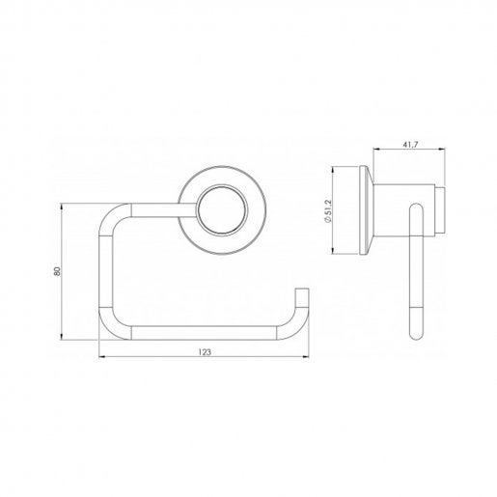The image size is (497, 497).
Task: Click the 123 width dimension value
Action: click(205, 352)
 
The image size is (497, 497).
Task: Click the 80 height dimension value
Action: click(57, 271)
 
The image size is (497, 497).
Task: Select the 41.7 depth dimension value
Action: click(410, 145)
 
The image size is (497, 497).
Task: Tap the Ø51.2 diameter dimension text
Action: click(327, 211)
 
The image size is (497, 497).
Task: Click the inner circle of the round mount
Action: click(222, 209)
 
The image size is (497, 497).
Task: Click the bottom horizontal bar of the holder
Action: click(204, 333)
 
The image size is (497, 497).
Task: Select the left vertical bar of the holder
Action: click(106, 271)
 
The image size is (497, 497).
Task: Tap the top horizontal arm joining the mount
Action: click(164, 210)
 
